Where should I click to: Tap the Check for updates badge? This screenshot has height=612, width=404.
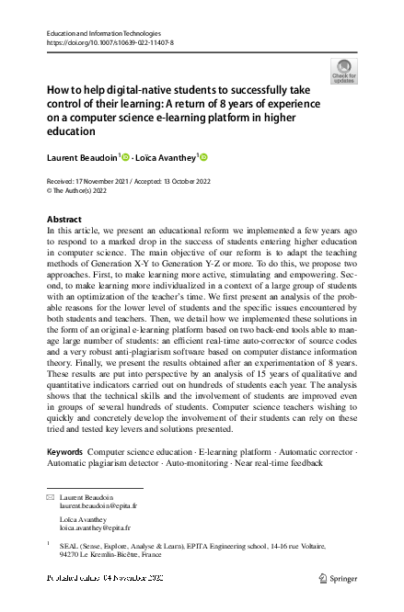point(344,71)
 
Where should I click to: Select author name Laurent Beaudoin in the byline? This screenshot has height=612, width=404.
point(81,158)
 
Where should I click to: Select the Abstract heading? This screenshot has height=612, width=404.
point(64,220)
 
